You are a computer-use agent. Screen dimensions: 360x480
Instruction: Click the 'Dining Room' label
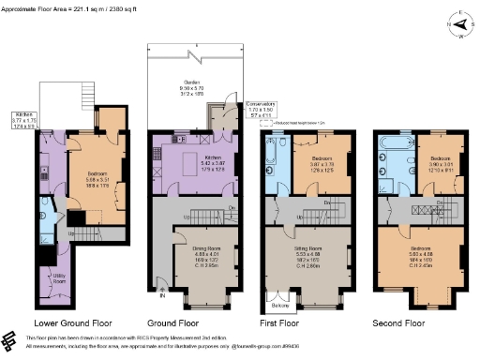click(193, 253)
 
